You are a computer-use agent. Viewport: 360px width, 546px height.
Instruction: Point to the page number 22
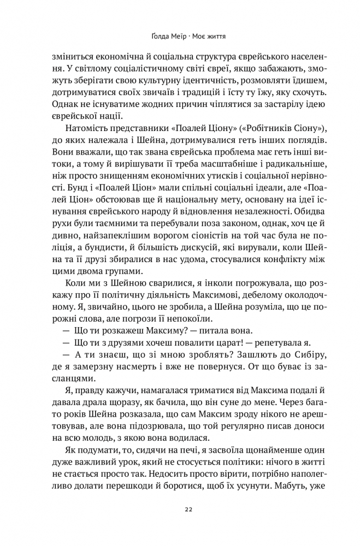pos(187,509)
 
